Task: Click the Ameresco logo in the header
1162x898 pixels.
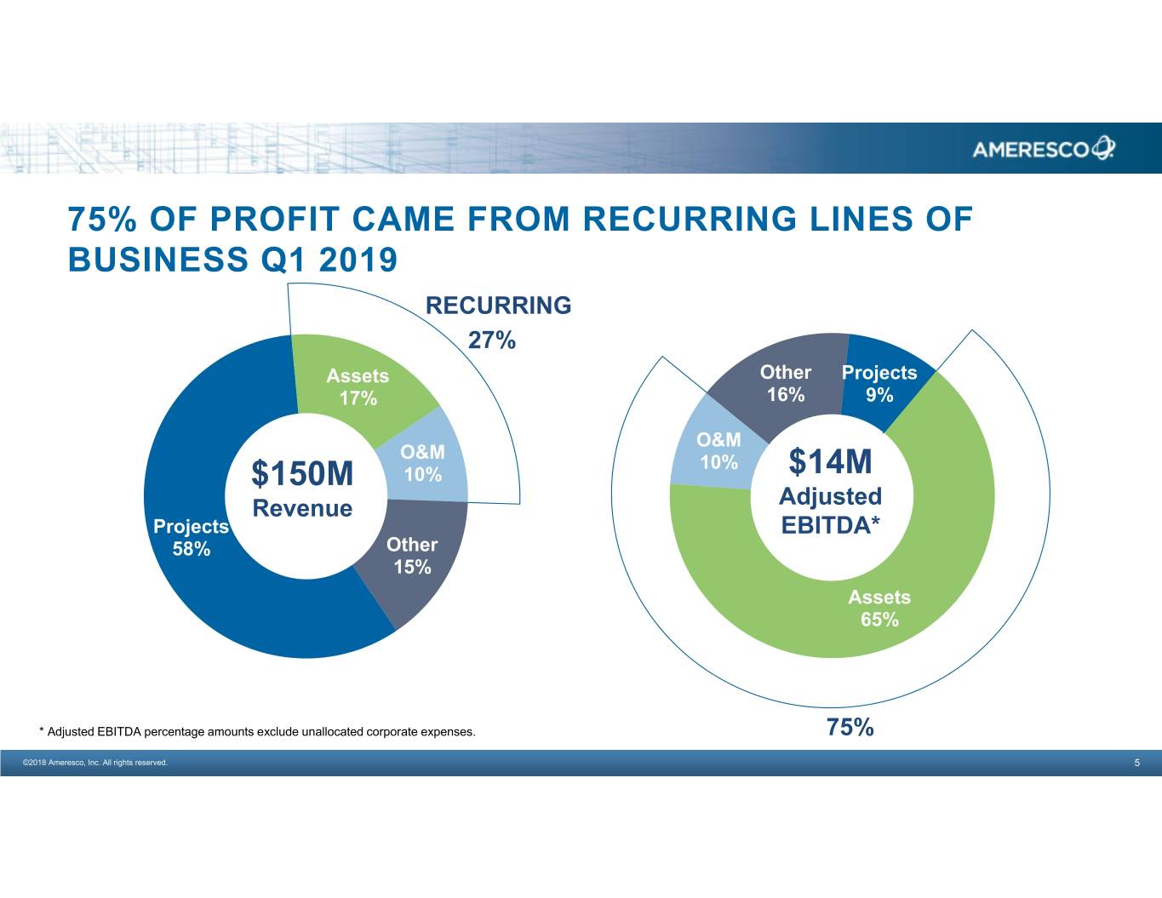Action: point(1043,149)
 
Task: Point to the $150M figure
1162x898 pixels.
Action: point(302,473)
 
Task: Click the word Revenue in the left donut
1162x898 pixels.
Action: point(302,508)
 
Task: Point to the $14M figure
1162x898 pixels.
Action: point(831,462)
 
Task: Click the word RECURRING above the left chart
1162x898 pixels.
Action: point(498,306)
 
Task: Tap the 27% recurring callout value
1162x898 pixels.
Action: point(492,340)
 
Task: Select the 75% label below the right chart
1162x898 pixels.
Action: point(850,727)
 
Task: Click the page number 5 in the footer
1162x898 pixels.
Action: point(1136,763)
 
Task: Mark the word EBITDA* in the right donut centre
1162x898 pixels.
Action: point(830,525)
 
